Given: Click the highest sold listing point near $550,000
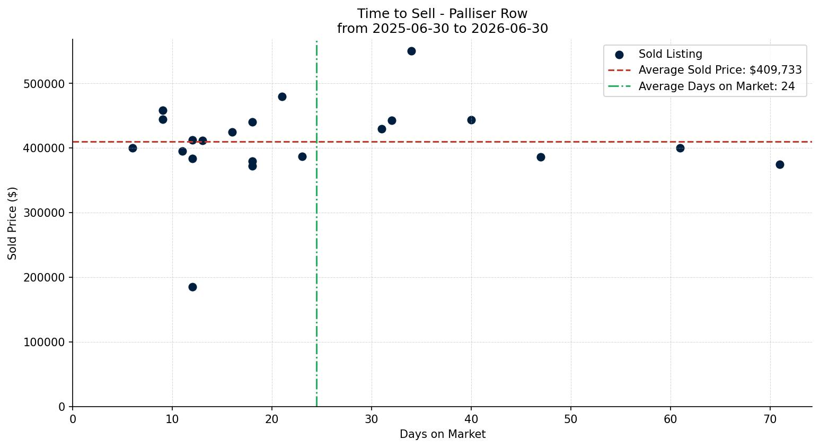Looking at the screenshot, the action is [411, 51].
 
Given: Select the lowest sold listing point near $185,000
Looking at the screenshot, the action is [192, 287].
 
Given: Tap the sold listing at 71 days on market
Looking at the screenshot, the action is [780, 165].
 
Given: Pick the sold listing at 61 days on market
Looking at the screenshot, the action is [680, 148].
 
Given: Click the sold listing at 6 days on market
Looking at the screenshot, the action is [133, 148].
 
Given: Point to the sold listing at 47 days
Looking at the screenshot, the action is [541, 157].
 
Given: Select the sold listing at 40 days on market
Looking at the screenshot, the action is [471, 120].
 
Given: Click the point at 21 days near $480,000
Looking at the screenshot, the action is [282, 97].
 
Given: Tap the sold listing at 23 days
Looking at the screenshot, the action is [302, 156].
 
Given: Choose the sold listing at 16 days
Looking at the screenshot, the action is [232, 132].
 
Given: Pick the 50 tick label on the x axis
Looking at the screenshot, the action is [571, 419].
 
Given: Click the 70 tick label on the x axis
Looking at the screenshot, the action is [770, 419].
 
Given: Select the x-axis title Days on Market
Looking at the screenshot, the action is [442, 434].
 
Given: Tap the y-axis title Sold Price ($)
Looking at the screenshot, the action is [12, 223].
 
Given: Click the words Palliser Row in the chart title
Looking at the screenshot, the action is [488, 14].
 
